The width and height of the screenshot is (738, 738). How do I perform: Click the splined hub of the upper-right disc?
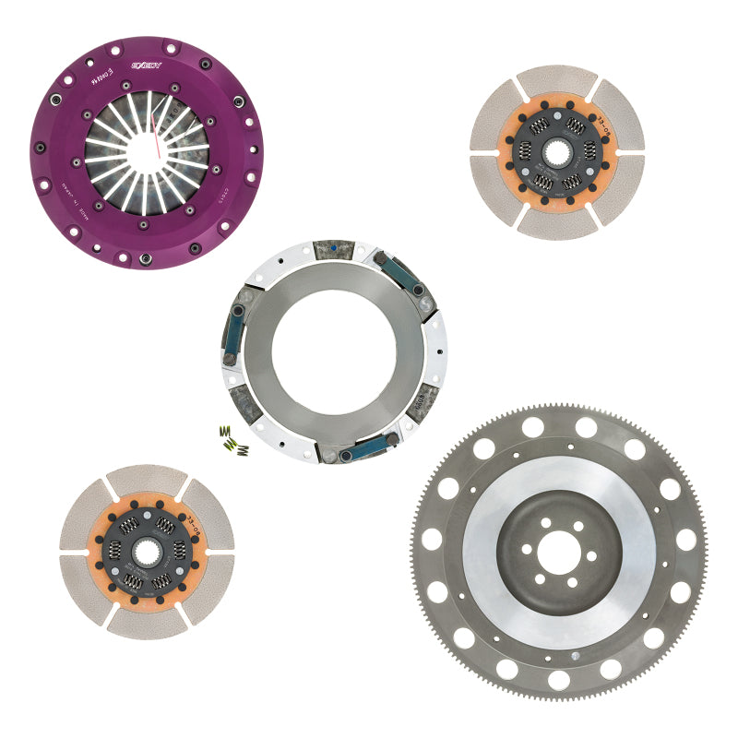pyautogui.click(x=556, y=151)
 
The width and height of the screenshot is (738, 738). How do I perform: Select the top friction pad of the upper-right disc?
pyautogui.click(x=556, y=81)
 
